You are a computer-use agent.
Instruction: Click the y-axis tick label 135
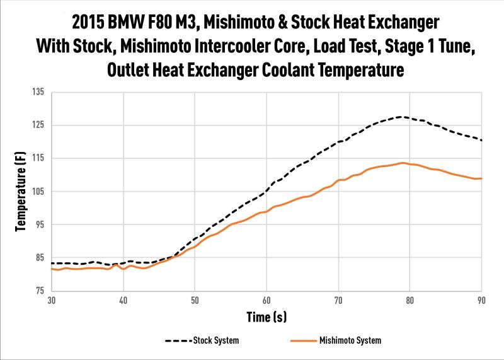[x=37, y=92]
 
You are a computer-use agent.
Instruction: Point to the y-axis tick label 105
[x=37, y=191]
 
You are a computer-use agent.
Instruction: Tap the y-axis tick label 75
[x=39, y=291]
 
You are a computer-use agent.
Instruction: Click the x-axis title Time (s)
[x=266, y=316]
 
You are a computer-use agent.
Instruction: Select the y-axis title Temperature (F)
[x=20, y=191]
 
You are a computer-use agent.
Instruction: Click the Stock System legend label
[x=217, y=340]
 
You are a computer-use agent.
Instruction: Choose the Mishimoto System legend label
[x=350, y=340]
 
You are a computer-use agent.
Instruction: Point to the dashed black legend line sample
[x=178, y=340]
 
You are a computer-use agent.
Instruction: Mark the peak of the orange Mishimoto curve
[x=402, y=163]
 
